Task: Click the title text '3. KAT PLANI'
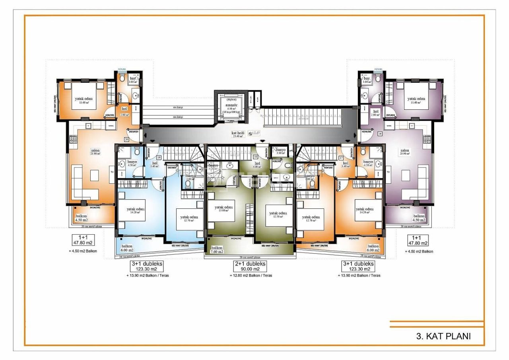pyautogui.click(x=443, y=336)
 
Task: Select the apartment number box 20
pyautogui.click(x=126, y=139)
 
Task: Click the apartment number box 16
pyautogui.click(x=380, y=134)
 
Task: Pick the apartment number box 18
pyautogui.click(x=255, y=157)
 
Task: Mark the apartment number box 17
pyautogui.click(x=341, y=158)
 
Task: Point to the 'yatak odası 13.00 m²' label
pyautogui.click(x=223, y=209)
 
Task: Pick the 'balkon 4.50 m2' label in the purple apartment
pyautogui.click(x=418, y=218)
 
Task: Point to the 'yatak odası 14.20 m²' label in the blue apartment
pyautogui.click(x=136, y=211)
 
